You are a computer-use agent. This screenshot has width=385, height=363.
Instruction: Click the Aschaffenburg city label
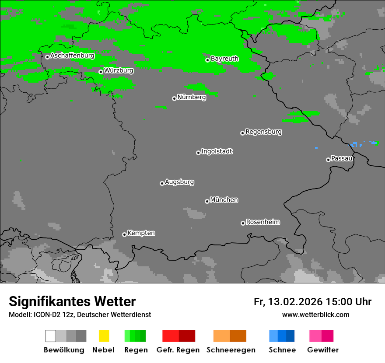(72, 56)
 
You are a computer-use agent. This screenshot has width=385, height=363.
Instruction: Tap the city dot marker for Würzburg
(101, 72)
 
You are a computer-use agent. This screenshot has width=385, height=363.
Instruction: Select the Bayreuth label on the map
(224, 59)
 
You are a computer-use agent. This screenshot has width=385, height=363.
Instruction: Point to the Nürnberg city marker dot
(174, 98)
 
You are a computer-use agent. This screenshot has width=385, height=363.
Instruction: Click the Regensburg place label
(263, 132)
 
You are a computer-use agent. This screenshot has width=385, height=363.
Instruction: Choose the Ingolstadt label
(217, 151)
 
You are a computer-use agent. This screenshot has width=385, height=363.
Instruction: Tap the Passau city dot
(328, 160)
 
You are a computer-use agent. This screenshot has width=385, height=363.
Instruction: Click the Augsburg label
(179, 182)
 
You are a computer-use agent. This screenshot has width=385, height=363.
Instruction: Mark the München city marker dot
(207, 201)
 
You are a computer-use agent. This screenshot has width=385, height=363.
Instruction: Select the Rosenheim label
(262, 222)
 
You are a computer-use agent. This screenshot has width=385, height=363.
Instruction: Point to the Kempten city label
(141, 233)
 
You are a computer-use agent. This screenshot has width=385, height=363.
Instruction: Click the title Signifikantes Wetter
(72, 301)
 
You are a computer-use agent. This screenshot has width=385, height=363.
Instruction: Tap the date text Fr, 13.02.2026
(288, 302)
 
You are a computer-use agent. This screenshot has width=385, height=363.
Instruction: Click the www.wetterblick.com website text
(315, 314)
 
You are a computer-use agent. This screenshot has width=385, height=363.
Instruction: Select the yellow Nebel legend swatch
(104, 336)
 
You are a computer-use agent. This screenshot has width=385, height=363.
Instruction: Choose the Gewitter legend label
(323, 350)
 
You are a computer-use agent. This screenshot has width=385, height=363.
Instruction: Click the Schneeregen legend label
(231, 350)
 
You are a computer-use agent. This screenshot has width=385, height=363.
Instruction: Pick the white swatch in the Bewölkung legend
(50, 336)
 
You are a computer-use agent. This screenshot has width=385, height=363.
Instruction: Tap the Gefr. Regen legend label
(178, 350)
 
